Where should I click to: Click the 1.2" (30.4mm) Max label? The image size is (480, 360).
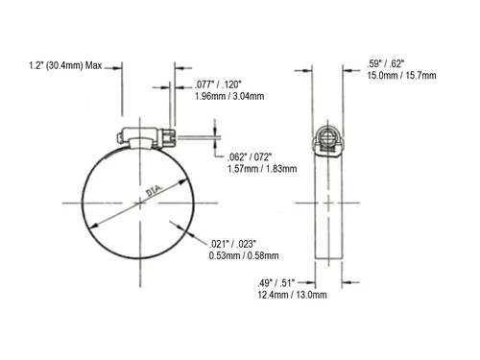pyautogui.click(x=65, y=65)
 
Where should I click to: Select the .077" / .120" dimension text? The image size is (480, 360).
pyautogui.click(x=218, y=84)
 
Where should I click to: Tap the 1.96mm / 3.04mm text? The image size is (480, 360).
pyautogui.click(x=229, y=96)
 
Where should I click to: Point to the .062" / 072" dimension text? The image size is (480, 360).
pyautogui.click(x=250, y=157)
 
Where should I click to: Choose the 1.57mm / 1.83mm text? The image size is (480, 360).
pyautogui.click(x=262, y=169)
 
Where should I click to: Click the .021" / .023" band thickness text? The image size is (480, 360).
pyautogui.click(x=232, y=244)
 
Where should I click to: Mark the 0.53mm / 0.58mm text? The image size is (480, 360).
pyautogui.click(x=244, y=255)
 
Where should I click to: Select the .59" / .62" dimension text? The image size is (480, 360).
pyautogui.click(x=386, y=63)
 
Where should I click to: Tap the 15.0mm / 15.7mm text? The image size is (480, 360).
pyautogui.click(x=401, y=76)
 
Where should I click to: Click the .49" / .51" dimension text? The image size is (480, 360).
pyautogui.click(x=276, y=283)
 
